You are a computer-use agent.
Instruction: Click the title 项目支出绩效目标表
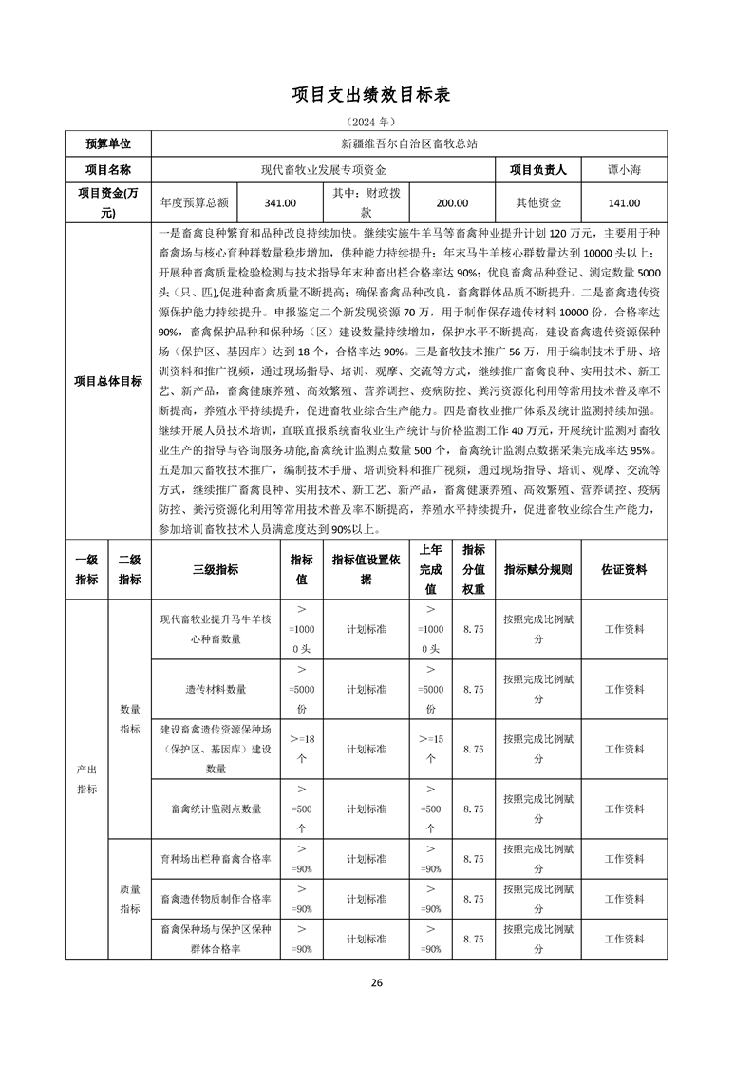[376, 95]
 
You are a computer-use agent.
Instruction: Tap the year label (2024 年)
[376, 123]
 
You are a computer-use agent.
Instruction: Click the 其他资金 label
[538, 202]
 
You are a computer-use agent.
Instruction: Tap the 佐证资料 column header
[624, 569]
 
